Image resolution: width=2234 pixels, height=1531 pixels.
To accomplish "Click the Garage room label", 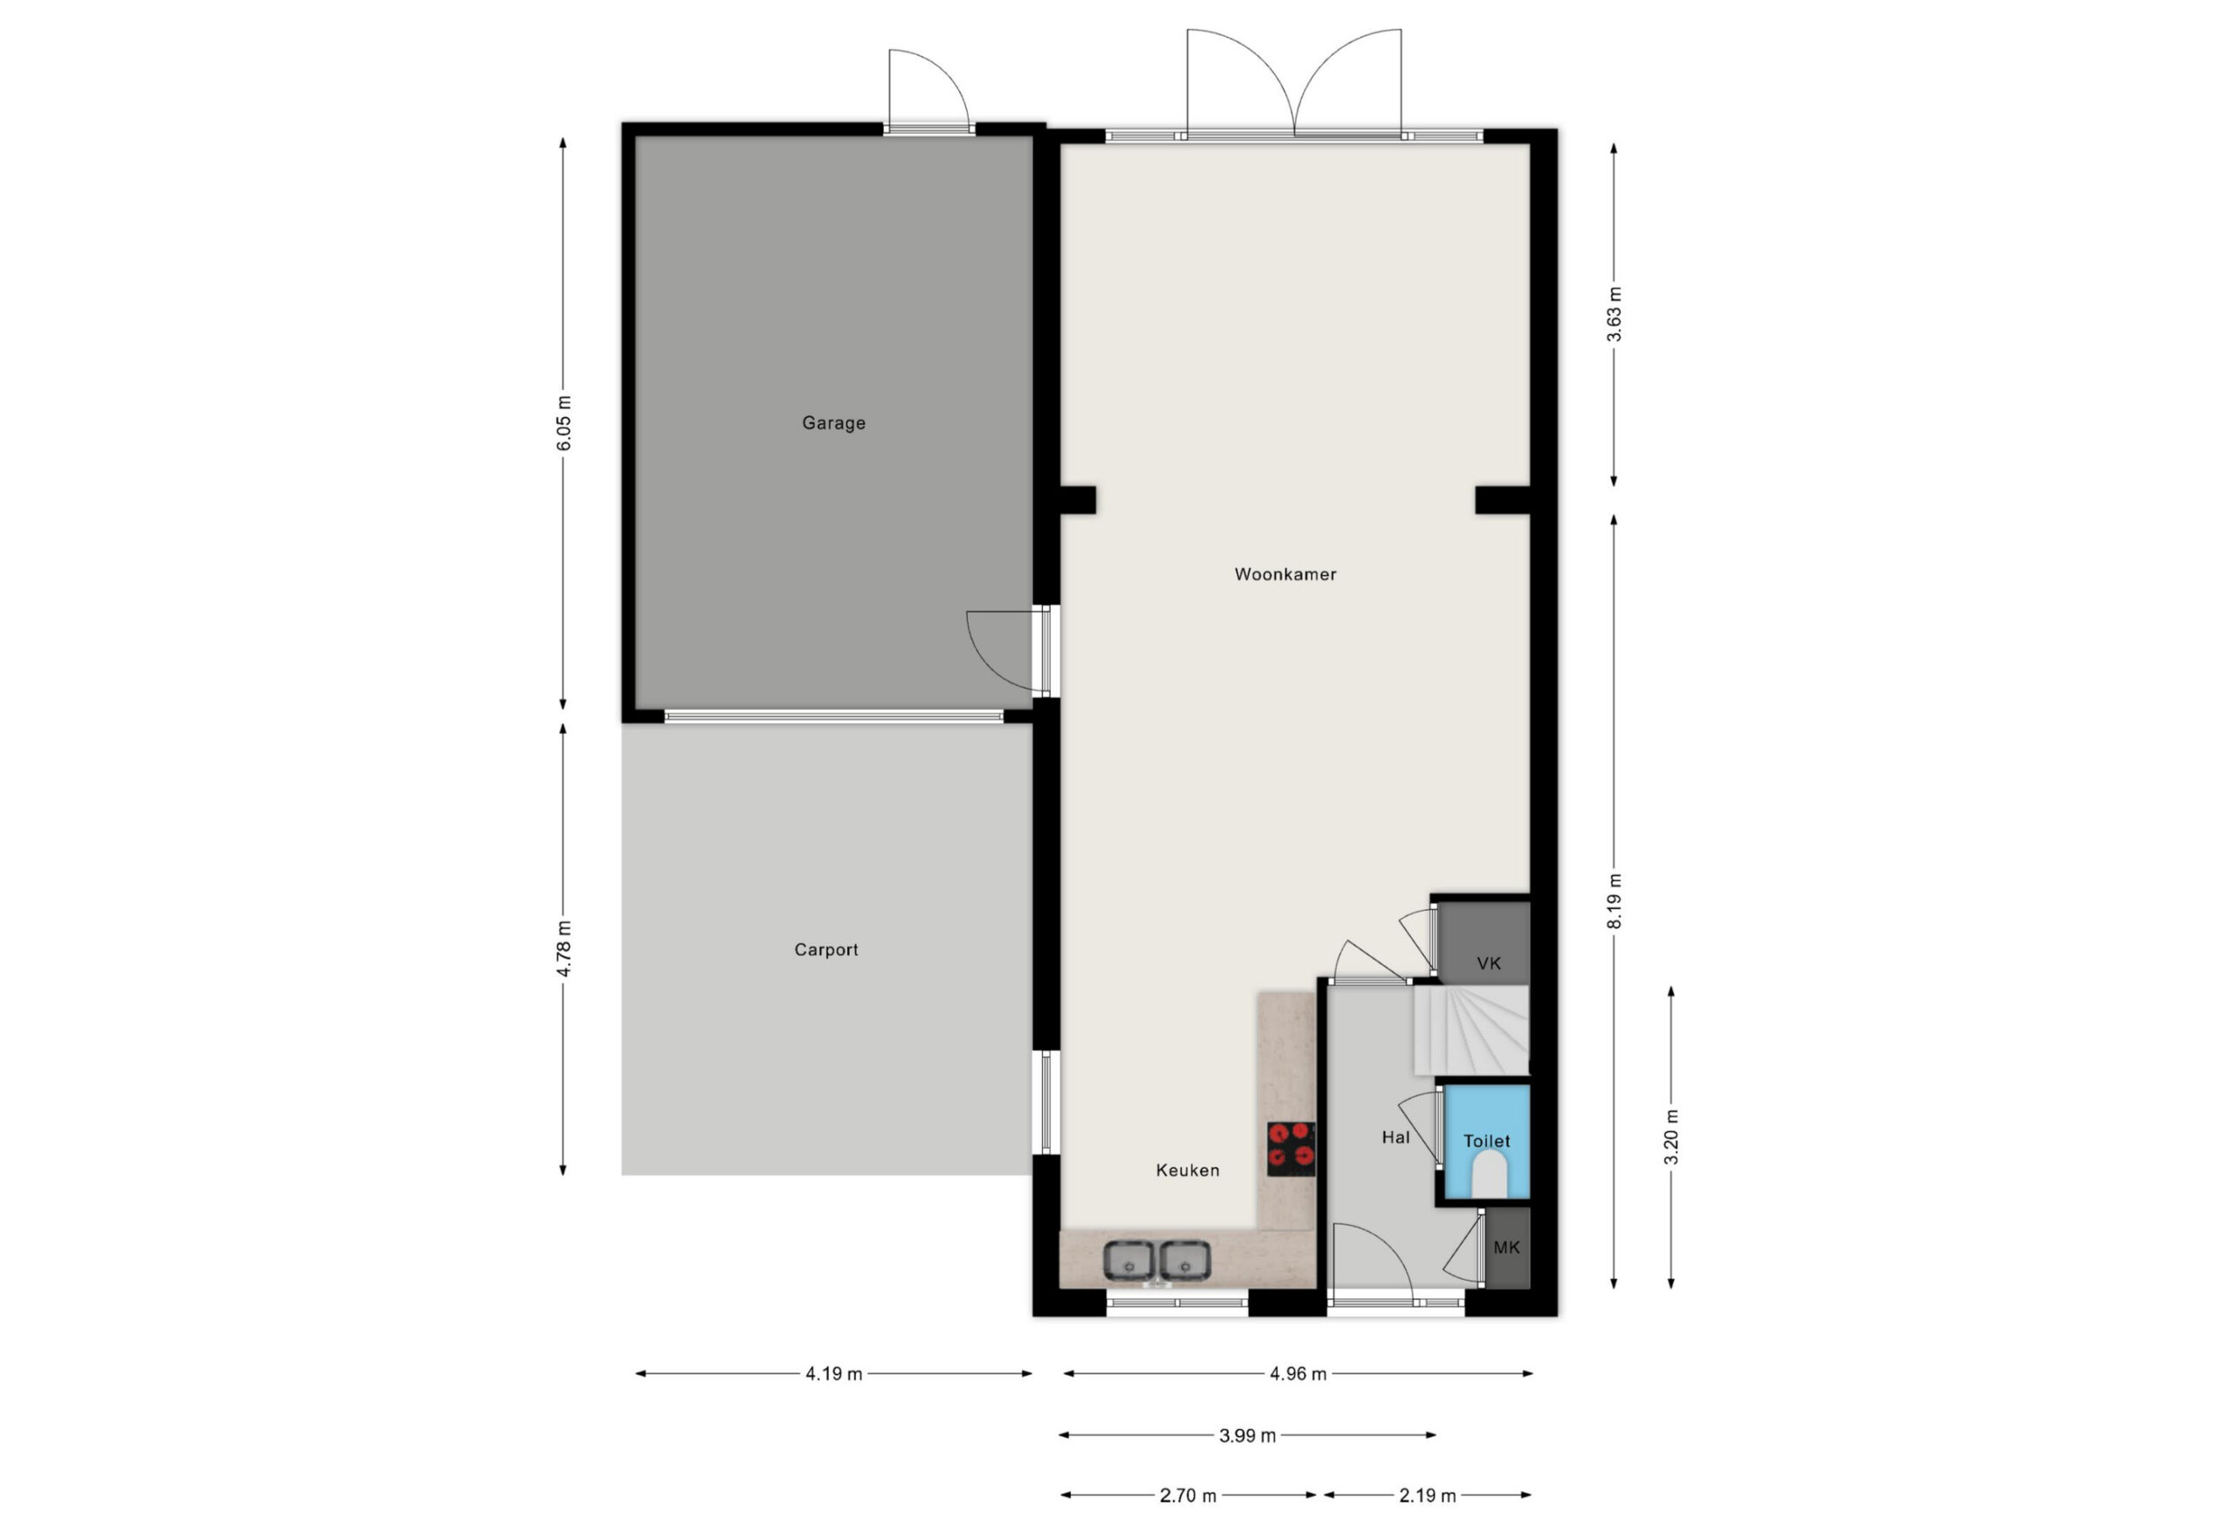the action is click(x=833, y=423).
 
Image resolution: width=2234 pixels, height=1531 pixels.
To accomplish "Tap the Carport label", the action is click(x=826, y=949).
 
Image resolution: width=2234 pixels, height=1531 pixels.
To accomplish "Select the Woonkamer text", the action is click(x=1285, y=575).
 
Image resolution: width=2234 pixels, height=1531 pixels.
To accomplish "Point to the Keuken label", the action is click(x=1187, y=1171).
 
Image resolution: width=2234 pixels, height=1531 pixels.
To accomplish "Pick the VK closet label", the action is click(x=1489, y=963).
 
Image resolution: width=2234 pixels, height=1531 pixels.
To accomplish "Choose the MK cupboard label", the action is click(x=1506, y=1247).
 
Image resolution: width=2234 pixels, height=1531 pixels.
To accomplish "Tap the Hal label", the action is click(x=1395, y=1138).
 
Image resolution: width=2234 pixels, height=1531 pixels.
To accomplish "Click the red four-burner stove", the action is click(x=1291, y=1149).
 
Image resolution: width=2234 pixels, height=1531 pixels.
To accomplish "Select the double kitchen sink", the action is click(x=1156, y=1261).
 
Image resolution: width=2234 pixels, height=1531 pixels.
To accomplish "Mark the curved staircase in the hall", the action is click(x=1470, y=1030).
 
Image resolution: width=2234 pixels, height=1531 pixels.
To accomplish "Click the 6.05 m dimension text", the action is click(x=565, y=423).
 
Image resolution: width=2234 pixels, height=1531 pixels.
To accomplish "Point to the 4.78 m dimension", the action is click(x=565, y=948).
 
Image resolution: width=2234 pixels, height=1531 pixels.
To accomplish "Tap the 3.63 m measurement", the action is click(x=1614, y=314).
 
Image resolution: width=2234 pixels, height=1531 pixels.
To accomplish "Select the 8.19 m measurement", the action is click(x=1614, y=900).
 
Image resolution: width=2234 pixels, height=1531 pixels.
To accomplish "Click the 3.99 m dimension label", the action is click(x=1248, y=1436).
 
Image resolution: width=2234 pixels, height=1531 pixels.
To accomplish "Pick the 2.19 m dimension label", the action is click(x=1428, y=1495).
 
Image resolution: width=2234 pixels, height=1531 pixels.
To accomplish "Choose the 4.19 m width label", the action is click(x=833, y=1374).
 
